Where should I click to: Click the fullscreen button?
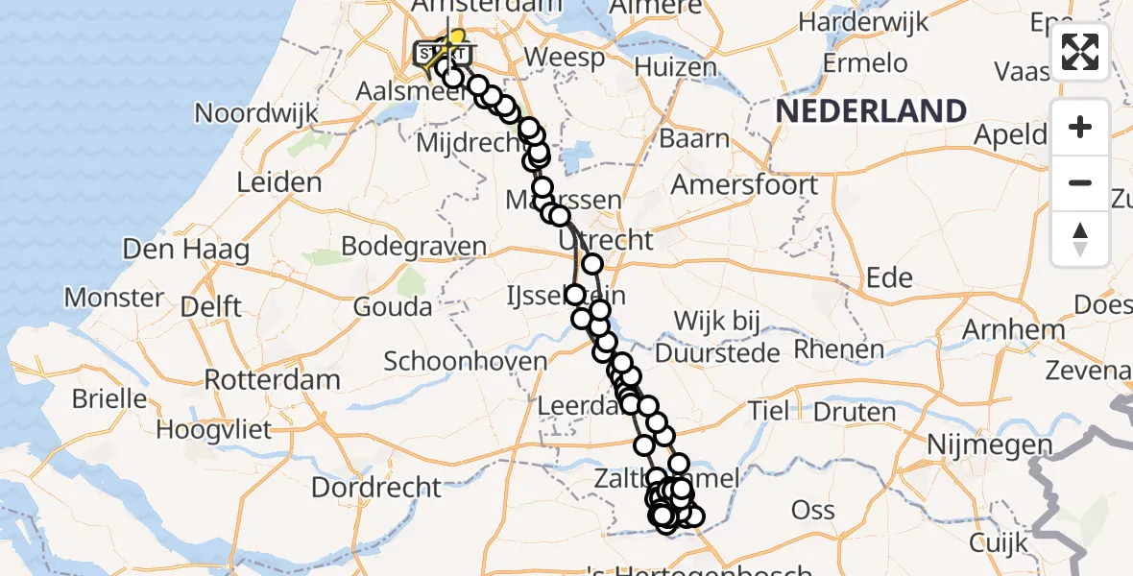point(1080,52)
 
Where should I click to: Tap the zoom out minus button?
point(1080,182)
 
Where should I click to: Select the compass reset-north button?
point(1080,238)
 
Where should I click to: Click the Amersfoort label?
point(744,184)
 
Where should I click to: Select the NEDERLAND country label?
point(871,111)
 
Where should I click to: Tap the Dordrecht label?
point(376,487)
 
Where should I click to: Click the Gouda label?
point(392,307)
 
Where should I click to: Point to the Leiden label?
point(279,182)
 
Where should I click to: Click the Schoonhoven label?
point(465,362)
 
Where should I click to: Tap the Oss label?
point(812,509)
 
